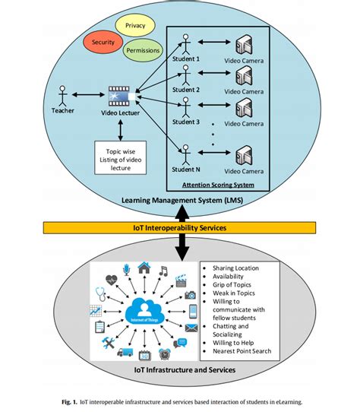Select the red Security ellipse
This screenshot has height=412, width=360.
tap(103, 43)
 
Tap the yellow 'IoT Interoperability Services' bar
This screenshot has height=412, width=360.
tap(180, 227)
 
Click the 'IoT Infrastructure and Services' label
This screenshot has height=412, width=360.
tap(180, 370)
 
